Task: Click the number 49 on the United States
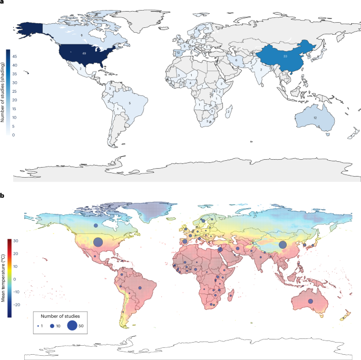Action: [x=84, y=53]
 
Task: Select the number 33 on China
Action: [x=285, y=55]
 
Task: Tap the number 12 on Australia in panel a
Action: [x=315, y=117]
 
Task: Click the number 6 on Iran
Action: [x=237, y=61]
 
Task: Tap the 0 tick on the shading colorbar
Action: [x=14, y=135]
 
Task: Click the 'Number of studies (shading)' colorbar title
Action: [x=4, y=93]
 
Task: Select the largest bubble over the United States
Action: [x=97, y=242]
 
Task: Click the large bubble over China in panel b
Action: [x=282, y=245]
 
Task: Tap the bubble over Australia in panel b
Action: [x=310, y=300]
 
